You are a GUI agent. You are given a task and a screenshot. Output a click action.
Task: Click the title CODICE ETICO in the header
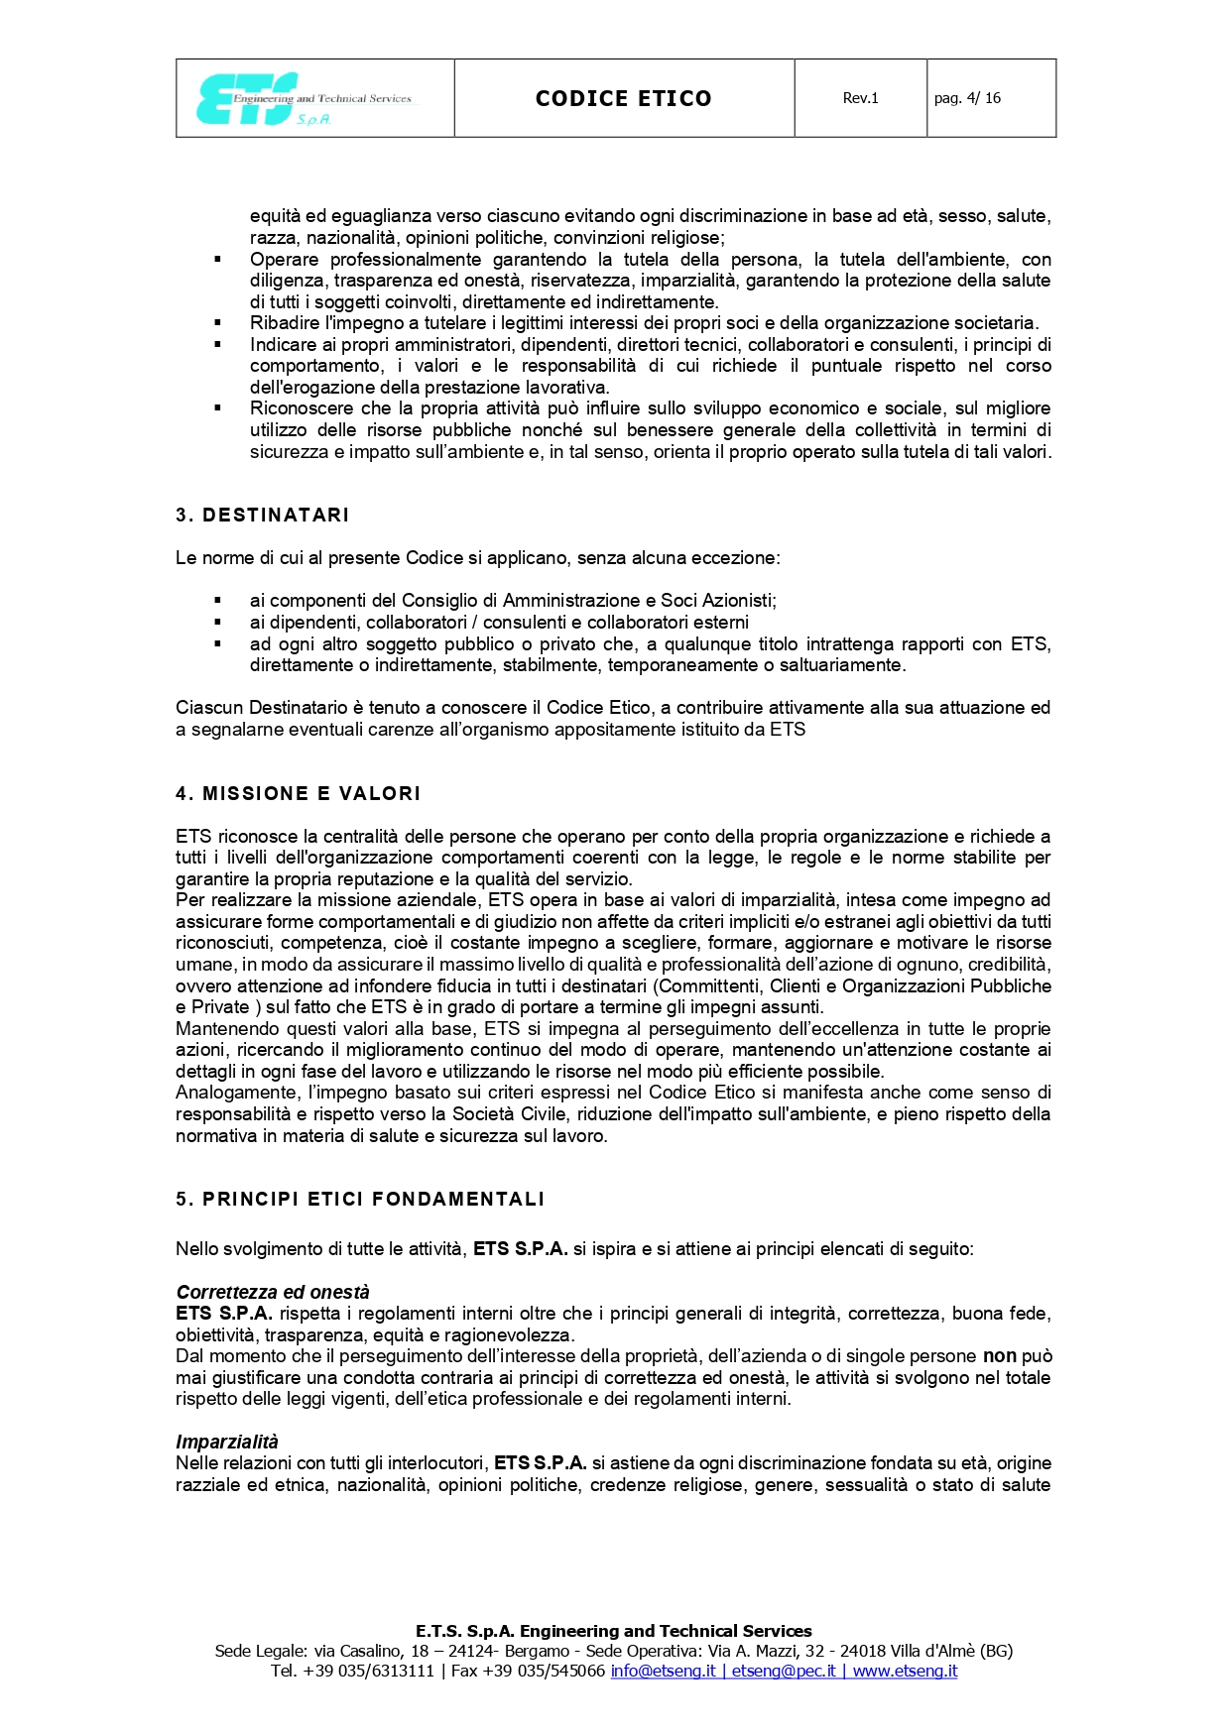click(623, 98)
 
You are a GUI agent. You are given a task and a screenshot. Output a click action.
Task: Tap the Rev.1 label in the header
click(860, 98)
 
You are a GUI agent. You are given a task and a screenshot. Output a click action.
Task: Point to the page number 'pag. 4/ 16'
click(967, 98)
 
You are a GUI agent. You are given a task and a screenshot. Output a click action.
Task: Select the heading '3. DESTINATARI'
click(262, 515)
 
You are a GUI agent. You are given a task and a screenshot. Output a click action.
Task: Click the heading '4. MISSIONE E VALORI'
click(298, 793)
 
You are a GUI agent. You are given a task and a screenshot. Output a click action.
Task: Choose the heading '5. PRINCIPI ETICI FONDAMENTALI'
click(360, 1199)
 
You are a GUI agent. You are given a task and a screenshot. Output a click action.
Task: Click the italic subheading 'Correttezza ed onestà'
click(273, 1292)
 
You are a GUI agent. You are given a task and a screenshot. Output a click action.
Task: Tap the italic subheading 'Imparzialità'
click(227, 1442)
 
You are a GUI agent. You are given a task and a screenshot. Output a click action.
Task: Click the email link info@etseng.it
click(663, 1671)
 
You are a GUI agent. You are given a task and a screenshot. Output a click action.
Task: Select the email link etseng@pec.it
click(784, 1671)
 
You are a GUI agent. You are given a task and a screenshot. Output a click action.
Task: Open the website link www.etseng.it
click(905, 1671)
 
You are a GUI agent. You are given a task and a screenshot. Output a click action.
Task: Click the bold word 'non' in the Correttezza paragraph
click(999, 1355)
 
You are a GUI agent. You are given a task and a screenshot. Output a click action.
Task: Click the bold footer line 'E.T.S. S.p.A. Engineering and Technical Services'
click(613, 1631)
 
